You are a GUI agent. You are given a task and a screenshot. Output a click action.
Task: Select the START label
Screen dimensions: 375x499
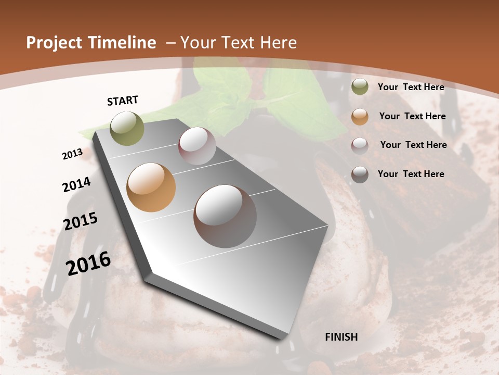point(123,101)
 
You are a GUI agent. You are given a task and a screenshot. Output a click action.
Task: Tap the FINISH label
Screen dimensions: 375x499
point(342,337)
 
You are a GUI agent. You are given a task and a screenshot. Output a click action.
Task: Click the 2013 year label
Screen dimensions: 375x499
point(72,154)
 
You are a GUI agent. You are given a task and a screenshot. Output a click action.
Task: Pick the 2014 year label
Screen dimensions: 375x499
point(76,184)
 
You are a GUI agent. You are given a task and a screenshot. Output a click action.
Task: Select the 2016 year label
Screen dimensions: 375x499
point(88,264)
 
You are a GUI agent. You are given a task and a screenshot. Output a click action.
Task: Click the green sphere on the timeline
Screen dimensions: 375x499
point(127,128)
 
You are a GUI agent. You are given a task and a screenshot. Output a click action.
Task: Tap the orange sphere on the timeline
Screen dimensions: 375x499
point(151,187)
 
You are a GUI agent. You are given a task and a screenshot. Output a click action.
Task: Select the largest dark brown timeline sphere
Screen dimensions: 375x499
point(225,216)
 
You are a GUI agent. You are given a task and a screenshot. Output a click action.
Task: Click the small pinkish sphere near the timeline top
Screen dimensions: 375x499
point(197,146)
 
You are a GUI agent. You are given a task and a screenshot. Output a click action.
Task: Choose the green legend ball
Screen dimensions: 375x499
point(360,87)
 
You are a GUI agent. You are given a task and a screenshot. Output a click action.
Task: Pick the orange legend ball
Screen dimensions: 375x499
point(360,117)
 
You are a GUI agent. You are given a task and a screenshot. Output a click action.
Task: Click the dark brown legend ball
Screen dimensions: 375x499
point(360,174)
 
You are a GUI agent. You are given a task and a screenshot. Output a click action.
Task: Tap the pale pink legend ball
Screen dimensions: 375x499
point(360,145)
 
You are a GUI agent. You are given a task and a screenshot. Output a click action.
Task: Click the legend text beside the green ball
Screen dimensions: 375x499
point(411,87)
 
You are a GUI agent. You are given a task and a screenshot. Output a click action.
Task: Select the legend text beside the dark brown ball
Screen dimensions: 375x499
point(411,174)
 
